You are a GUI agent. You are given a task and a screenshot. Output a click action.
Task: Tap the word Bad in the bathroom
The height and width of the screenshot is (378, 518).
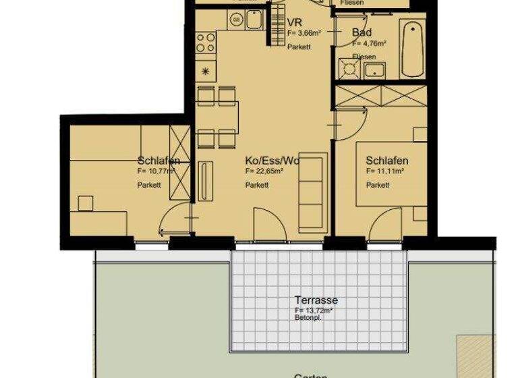[x=362, y=32]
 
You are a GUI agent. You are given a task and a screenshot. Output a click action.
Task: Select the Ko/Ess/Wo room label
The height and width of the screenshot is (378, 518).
[x=272, y=161]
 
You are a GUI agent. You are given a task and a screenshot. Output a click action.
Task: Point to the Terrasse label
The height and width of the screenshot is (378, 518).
[x=316, y=300]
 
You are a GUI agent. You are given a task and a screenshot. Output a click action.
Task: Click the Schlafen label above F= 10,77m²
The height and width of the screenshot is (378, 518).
[x=159, y=161]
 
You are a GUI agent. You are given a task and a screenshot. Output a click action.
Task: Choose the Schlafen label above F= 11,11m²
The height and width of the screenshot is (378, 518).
[x=386, y=161]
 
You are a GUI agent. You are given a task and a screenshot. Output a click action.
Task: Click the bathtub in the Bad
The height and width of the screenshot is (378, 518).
[x=411, y=49]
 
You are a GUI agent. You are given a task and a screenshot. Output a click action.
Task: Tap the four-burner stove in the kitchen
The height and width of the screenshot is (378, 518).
[x=206, y=43]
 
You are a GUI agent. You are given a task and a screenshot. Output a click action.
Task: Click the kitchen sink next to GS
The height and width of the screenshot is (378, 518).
[x=254, y=20]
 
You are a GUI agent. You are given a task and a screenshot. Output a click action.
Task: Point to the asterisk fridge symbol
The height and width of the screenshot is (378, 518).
[x=206, y=71]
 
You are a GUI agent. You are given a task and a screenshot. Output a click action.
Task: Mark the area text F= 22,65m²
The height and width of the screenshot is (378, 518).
[x=264, y=172]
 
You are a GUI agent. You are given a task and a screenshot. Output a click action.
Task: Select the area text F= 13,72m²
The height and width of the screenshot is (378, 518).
[x=314, y=310]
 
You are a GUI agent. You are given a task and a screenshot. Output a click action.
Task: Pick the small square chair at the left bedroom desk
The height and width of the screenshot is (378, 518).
[x=85, y=202]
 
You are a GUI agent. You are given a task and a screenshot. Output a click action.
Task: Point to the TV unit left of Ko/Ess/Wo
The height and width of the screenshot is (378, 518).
[x=206, y=180]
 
